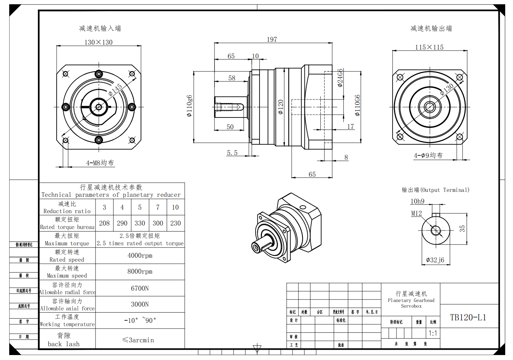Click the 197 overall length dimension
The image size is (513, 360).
[x=272, y=40]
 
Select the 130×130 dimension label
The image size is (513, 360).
[x=98, y=42]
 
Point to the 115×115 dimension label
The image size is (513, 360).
[x=429, y=47]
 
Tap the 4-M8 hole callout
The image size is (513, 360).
[x=100, y=163]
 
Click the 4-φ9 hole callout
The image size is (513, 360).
[x=428, y=155]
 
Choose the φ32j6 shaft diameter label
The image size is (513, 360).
[x=435, y=260]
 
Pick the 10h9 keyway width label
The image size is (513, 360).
[x=417, y=201]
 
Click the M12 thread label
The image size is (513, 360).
[x=416, y=213]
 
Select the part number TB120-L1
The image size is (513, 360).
[x=468, y=318]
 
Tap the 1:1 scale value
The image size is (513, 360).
[x=433, y=333]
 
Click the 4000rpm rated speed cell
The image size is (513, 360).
[x=140, y=256]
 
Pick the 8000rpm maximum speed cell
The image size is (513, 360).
[x=140, y=272]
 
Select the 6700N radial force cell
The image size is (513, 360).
[x=140, y=288]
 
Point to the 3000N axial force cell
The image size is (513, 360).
[x=140, y=304]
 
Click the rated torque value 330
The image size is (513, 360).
[x=140, y=223]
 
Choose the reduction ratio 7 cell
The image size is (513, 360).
[x=158, y=207]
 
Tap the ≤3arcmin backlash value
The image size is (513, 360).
[x=138, y=340]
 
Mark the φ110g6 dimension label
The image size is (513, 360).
[x=189, y=106]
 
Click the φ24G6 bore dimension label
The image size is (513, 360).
[x=340, y=78]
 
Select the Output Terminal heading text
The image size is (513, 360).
[x=435, y=190]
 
